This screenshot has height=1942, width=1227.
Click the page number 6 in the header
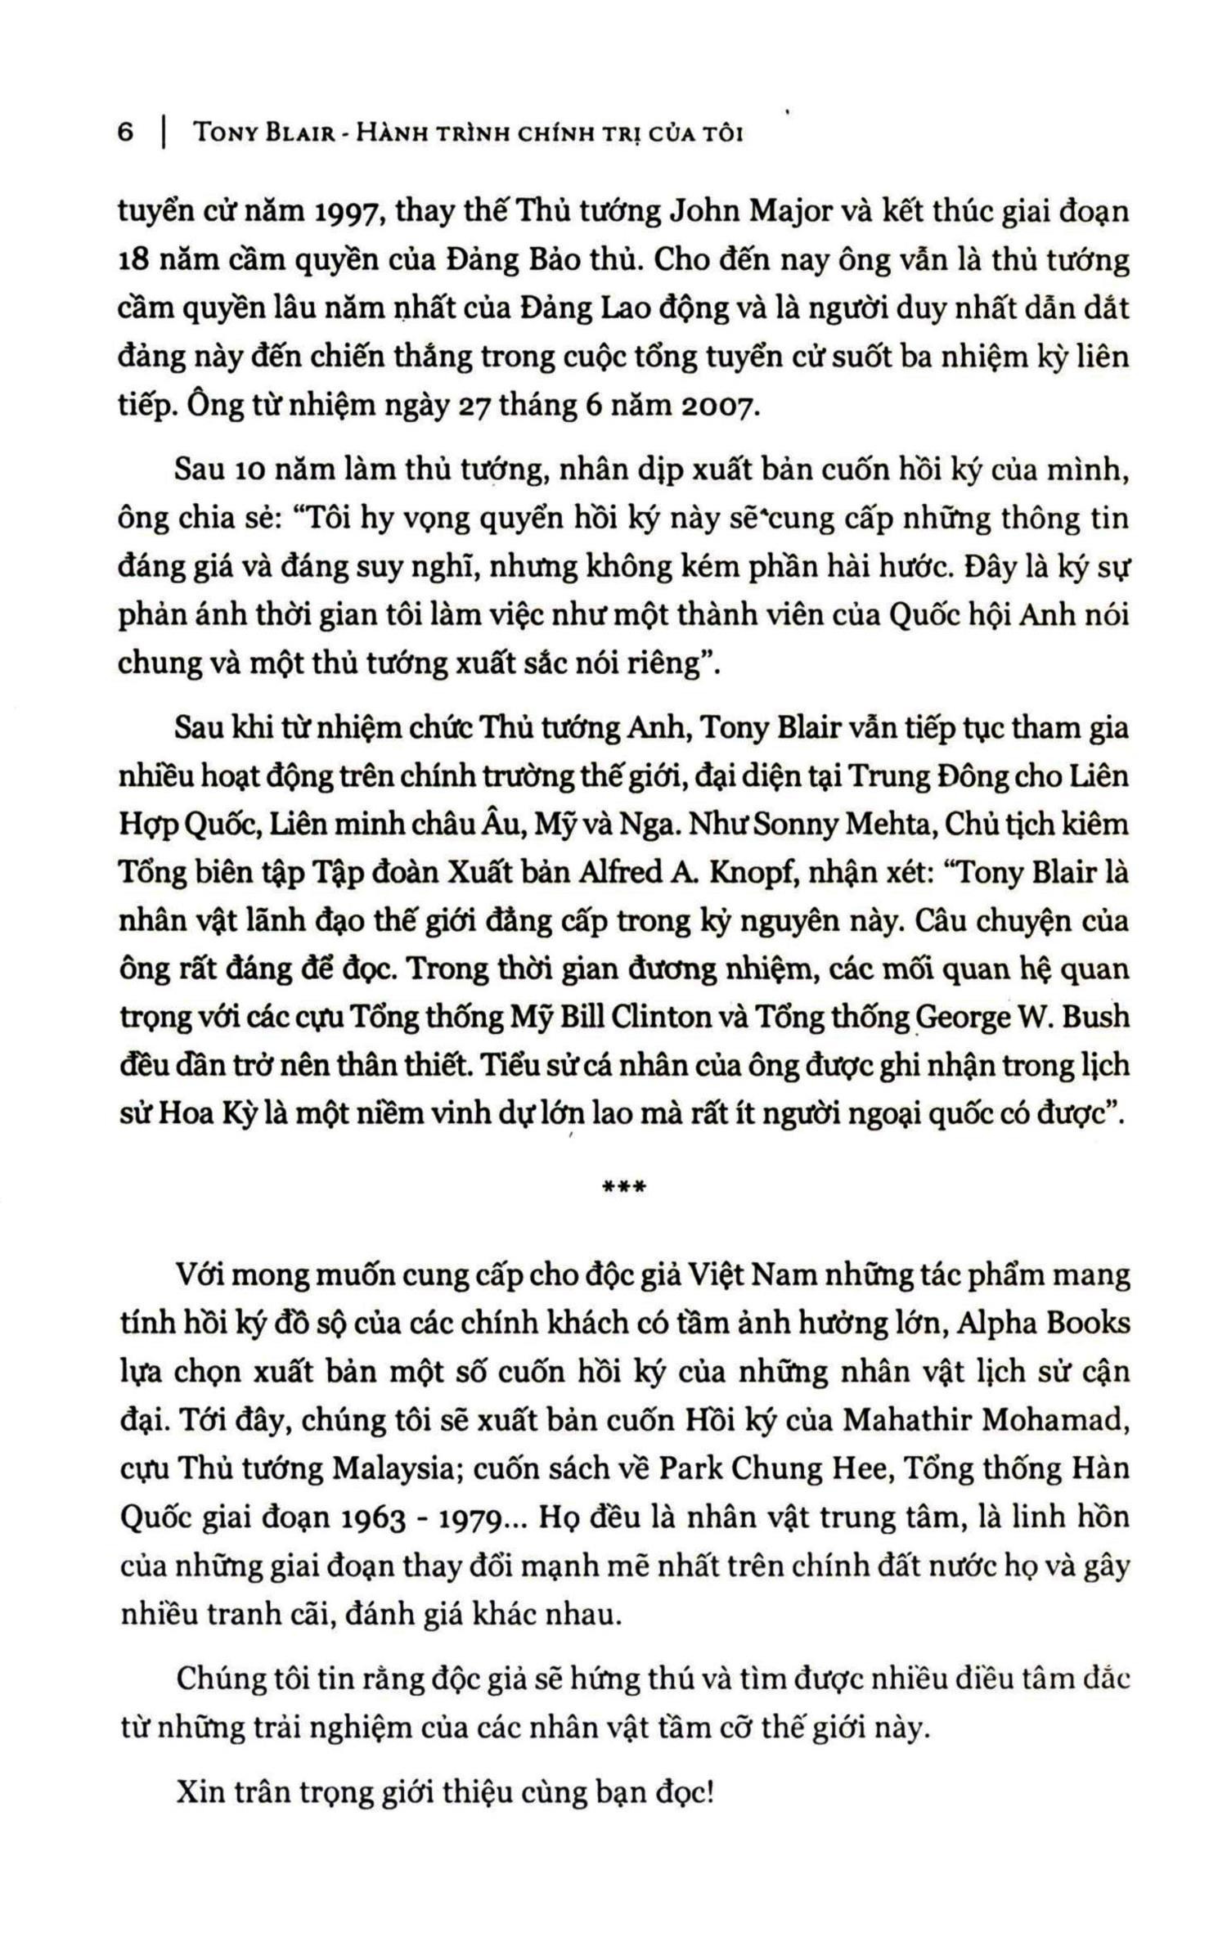(x=125, y=133)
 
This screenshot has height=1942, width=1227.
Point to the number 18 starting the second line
(x=133, y=263)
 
